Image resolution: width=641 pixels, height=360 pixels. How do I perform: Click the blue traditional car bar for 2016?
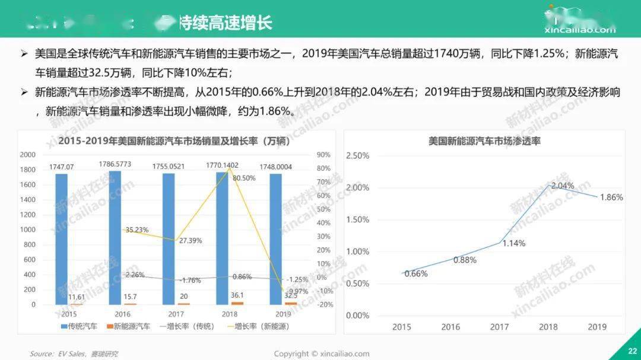tap(115, 237)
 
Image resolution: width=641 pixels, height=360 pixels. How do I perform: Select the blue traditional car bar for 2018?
tap(221, 237)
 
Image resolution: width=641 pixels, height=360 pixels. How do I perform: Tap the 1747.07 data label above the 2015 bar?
tap(62, 167)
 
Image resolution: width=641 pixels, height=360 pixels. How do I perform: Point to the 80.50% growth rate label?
tap(244, 178)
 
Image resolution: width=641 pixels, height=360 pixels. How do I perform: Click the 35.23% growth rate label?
tap(137, 230)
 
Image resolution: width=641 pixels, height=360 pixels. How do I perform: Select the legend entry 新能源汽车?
tap(128, 326)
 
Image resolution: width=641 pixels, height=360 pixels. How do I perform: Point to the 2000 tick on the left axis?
tap(28, 155)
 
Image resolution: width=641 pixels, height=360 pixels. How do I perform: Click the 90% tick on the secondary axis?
tap(323, 155)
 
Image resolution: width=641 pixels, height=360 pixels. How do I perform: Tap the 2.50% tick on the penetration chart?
tap(357, 155)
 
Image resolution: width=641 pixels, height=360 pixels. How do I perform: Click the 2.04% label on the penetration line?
tap(563, 186)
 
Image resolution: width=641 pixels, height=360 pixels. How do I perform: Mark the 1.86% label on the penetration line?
tap(611, 197)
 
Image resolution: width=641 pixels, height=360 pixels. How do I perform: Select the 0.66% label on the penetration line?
tap(416, 273)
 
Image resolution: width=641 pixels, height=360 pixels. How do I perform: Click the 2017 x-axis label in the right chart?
tap(499, 327)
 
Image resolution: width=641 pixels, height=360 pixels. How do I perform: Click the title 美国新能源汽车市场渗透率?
tap(484, 141)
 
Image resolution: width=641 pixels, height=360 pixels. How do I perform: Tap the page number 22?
tap(632, 351)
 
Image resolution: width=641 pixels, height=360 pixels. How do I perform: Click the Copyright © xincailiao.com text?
tap(321, 354)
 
